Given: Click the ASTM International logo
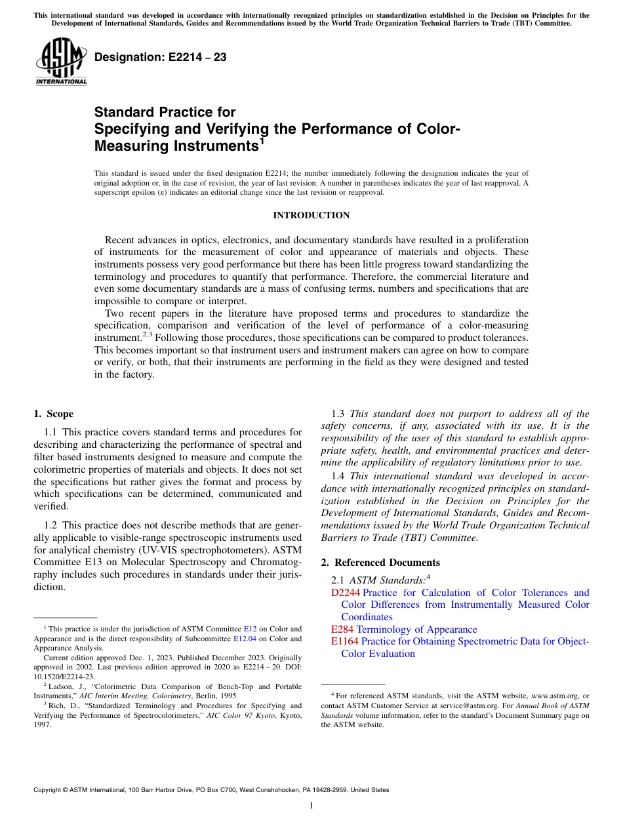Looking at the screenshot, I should coord(61,62).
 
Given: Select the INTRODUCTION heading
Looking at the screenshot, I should coord(311,215).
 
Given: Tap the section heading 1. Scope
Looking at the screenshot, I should coord(54,414).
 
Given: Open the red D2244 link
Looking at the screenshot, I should coord(345,593).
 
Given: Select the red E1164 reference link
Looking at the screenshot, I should coord(345,641).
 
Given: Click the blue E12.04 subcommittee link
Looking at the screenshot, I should coord(247,639).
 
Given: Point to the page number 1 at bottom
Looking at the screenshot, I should coord(311,805).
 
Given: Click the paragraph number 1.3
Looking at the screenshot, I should coord(338,414).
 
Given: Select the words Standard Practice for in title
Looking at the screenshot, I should coord(165,112).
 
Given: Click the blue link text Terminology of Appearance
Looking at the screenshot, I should coord(420,629).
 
